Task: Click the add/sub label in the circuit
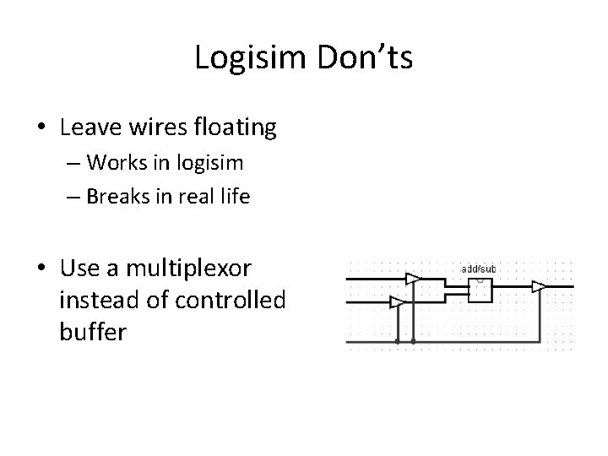click(478, 269)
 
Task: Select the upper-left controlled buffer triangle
click(413, 279)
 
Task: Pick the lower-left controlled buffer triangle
click(397, 301)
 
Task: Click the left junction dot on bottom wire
click(397, 342)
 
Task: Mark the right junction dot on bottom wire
click(413, 342)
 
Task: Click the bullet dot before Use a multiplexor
click(41, 269)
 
